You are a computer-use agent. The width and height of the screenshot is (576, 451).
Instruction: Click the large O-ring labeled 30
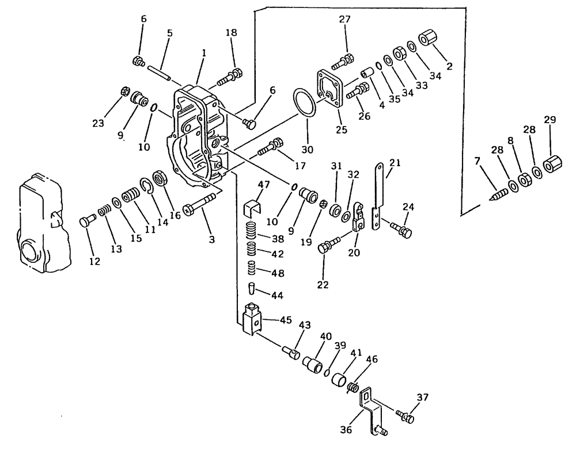[x=305, y=102]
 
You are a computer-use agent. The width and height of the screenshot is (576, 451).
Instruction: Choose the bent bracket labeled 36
[x=372, y=409]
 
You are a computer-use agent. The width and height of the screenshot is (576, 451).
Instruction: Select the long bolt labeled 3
[x=199, y=204]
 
